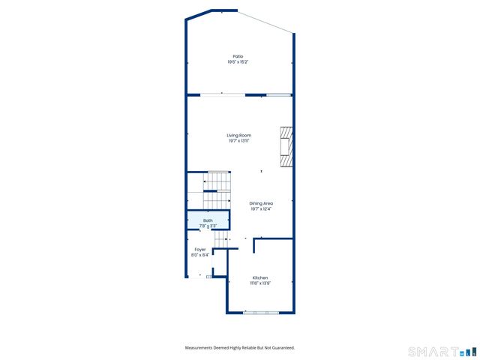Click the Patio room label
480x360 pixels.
(238, 56)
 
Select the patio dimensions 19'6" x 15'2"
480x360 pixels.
(238, 62)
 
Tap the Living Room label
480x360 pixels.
(238, 135)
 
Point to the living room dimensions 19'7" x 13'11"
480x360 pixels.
(238, 141)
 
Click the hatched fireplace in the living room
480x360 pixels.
(286, 148)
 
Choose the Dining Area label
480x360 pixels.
(261, 203)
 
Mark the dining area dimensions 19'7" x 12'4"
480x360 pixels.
(261, 209)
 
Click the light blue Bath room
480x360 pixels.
(208, 223)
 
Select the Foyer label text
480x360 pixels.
(200, 249)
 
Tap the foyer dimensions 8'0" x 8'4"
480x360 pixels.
(200, 255)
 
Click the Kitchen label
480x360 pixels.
(260, 277)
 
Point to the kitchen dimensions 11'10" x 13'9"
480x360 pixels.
(260, 283)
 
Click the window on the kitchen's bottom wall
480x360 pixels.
(259, 312)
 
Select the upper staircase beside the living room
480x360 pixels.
(218, 181)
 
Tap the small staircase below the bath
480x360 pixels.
(220, 238)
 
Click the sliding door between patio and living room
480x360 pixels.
(222, 94)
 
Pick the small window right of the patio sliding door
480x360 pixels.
(279, 94)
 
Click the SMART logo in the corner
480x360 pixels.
(434, 351)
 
